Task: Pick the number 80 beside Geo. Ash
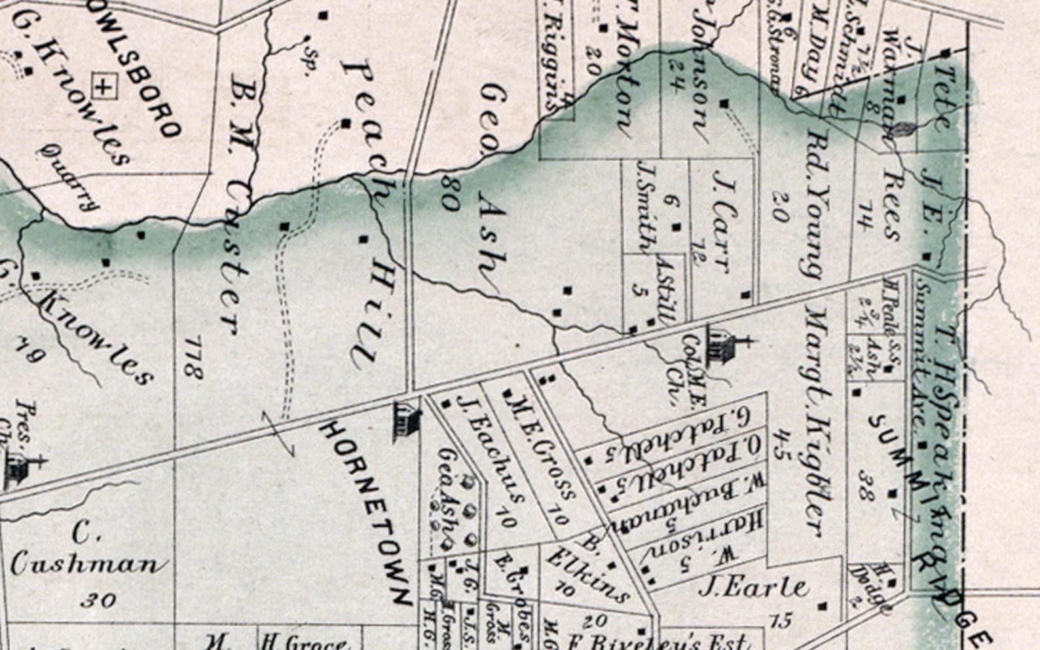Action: click(x=449, y=193)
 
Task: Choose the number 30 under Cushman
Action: click(x=100, y=599)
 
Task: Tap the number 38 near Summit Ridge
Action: click(x=866, y=485)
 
